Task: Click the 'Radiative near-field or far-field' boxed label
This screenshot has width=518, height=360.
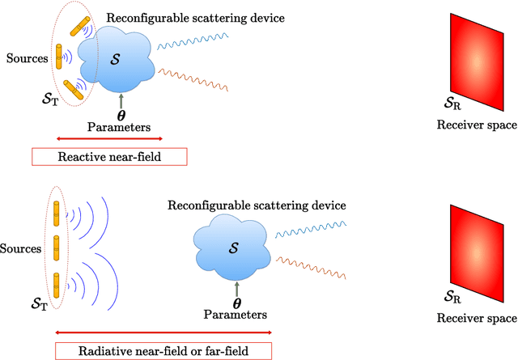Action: (x=163, y=350)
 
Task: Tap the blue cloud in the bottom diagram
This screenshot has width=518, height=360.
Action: (x=233, y=242)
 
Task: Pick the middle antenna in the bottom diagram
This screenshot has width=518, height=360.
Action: (x=57, y=246)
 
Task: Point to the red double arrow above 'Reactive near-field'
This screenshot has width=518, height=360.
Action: (x=108, y=138)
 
